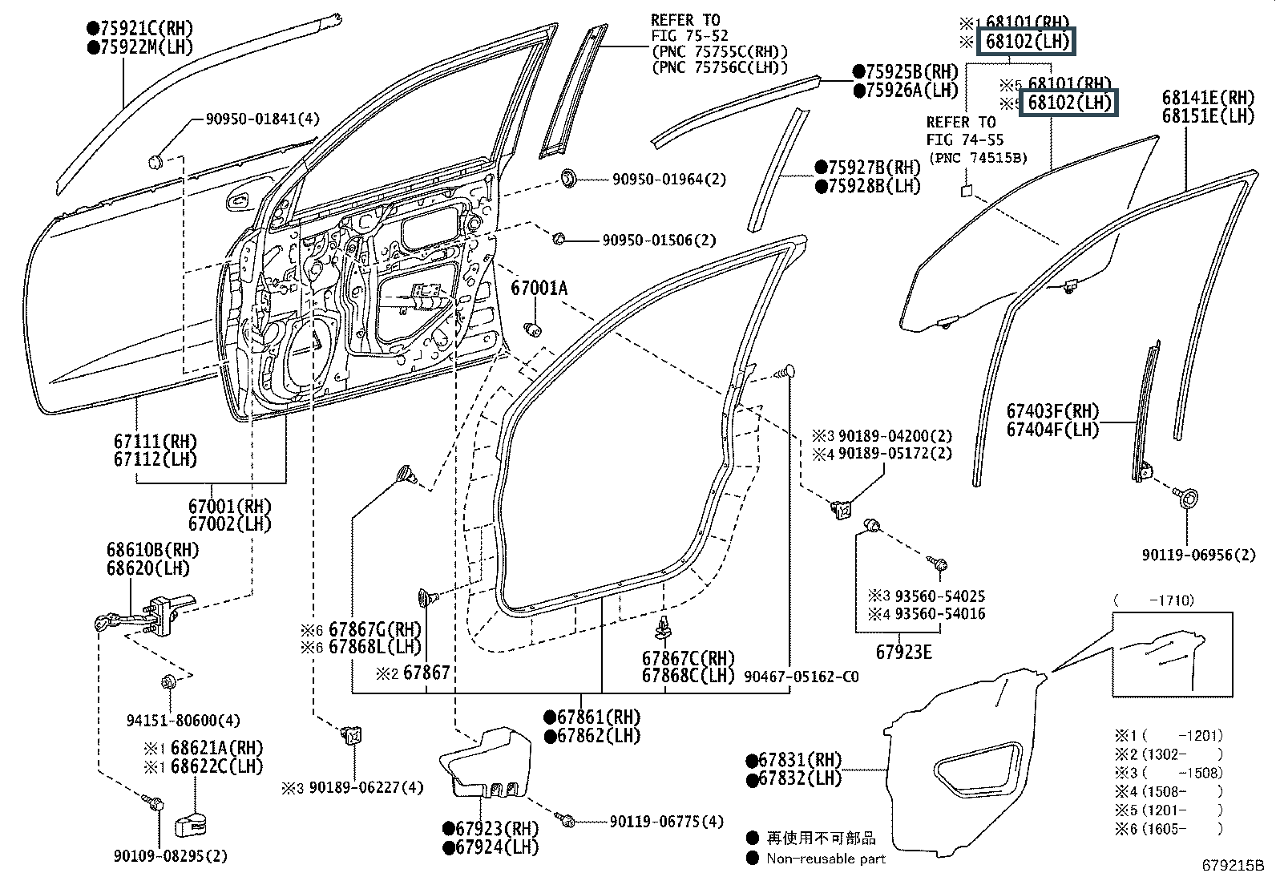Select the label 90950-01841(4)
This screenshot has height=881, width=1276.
(x=262, y=119)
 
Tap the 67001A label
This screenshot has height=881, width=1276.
(x=539, y=289)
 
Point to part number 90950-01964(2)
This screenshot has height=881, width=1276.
(x=669, y=180)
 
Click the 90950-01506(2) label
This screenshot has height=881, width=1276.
(x=659, y=240)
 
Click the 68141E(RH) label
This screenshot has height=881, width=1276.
(x=1208, y=98)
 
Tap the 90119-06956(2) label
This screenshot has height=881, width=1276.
(x=1198, y=554)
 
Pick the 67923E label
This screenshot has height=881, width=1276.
(x=903, y=652)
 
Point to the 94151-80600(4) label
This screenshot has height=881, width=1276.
(x=183, y=720)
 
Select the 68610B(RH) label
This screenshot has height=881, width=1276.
(x=152, y=551)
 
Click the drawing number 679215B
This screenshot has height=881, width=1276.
(x=1232, y=866)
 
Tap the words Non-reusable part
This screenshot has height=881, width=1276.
(x=826, y=859)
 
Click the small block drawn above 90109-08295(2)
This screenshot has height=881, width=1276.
(x=192, y=824)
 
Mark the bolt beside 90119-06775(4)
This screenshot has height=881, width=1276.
(x=567, y=821)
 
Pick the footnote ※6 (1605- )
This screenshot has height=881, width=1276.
(x=1169, y=830)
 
